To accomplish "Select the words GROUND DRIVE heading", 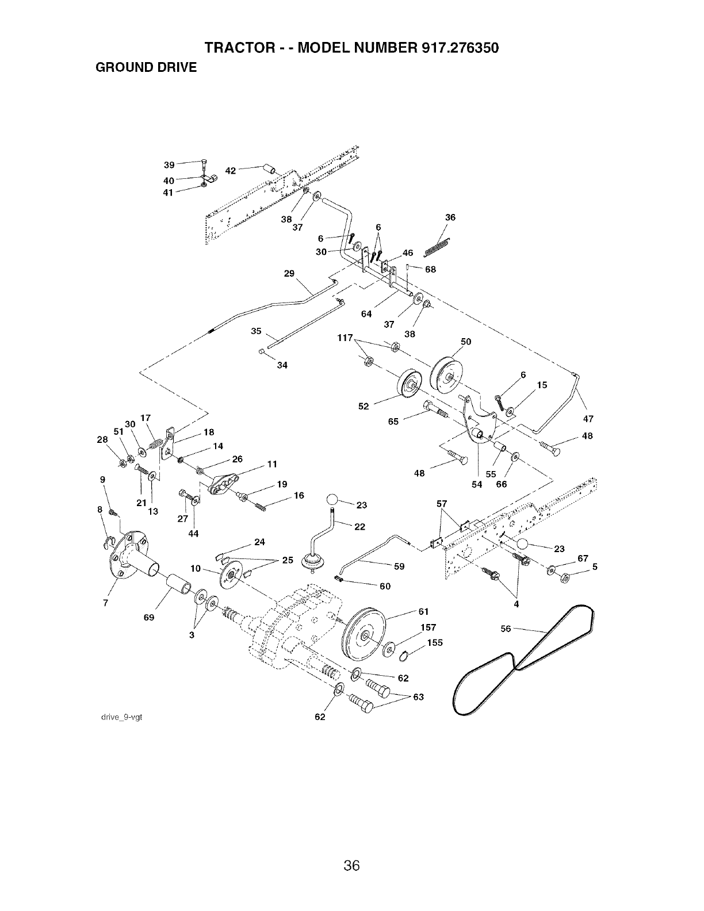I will (146, 68).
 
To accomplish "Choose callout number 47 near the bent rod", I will (588, 419).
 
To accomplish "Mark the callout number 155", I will (435, 643).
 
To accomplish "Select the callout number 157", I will (429, 627).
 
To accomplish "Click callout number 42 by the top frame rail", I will (231, 170).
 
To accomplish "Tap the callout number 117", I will (345, 338).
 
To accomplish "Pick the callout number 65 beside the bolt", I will (393, 421).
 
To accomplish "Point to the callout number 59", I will (399, 566).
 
